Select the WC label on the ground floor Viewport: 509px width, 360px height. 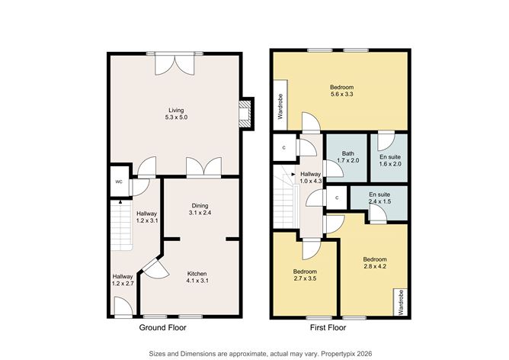click(119, 182)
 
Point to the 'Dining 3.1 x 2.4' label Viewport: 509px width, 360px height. click(200, 209)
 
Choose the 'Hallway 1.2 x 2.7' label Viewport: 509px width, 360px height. click(123, 281)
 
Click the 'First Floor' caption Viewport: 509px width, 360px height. click(327, 327)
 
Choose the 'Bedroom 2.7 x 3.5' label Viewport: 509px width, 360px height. click(305, 275)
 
